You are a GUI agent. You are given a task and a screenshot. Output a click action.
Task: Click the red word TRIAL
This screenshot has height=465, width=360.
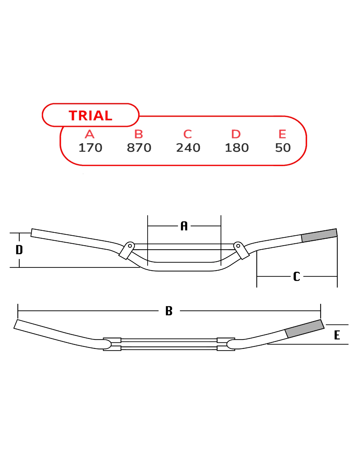point(90,115)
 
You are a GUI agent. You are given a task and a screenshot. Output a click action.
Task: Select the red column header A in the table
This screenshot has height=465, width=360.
point(90,134)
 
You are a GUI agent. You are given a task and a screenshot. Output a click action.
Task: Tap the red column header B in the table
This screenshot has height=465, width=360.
point(138,134)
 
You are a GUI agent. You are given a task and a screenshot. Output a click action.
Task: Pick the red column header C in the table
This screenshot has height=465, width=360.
point(188,134)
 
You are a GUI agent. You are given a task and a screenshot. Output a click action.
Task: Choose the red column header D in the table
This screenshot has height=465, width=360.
point(236,134)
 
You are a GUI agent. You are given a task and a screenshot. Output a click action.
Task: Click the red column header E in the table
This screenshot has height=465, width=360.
point(282,134)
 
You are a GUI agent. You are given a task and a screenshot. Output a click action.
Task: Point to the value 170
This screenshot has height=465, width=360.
point(90,148)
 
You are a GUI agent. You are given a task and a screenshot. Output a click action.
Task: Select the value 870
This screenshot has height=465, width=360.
point(139,148)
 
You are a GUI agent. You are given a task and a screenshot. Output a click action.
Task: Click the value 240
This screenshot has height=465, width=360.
point(188,148)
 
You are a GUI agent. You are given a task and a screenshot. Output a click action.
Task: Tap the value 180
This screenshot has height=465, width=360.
point(237,148)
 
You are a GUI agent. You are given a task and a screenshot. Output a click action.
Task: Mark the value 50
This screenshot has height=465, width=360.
point(283,148)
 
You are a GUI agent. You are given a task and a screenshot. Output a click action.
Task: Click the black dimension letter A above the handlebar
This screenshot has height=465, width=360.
point(184,226)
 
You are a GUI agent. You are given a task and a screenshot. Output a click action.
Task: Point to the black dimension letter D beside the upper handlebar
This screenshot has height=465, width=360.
point(19,250)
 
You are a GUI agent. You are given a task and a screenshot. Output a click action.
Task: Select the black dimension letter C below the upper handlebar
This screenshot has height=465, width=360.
point(297,276)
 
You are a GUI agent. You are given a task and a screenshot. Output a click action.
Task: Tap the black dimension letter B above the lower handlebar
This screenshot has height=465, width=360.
point(169,311)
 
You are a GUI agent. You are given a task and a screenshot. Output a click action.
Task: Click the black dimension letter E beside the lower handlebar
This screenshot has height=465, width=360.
point(337,335)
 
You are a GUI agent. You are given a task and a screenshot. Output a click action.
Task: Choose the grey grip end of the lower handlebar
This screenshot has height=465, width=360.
point(305,329)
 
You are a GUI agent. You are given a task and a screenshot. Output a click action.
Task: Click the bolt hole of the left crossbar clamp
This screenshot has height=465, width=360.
point(130,246)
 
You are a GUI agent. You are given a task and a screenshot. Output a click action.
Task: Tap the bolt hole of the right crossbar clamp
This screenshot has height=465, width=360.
point(238,246)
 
